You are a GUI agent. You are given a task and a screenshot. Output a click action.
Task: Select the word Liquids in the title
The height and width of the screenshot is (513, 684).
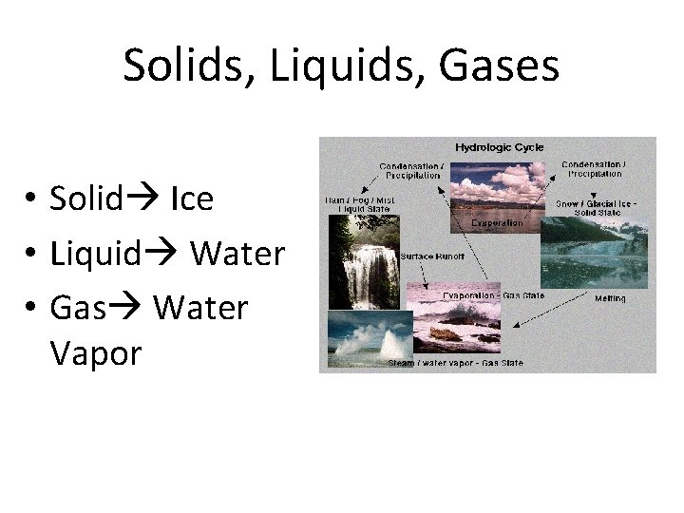pos(326,66)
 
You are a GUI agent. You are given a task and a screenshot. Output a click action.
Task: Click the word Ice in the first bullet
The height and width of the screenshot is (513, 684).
pos(192,199)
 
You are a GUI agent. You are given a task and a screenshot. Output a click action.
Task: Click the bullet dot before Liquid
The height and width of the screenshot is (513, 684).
pos(31,255)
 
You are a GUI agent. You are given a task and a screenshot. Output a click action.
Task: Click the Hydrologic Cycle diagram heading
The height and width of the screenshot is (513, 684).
pos(499,147)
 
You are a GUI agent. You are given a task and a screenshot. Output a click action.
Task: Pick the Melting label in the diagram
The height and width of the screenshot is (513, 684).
pos(609,298)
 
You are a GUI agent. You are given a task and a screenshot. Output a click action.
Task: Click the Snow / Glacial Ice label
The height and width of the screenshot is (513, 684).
pos(596,207)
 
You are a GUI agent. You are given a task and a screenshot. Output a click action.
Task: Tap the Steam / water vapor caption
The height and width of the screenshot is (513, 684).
pos(455,363)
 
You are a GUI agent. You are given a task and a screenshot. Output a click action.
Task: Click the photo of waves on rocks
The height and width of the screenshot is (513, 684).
pos(452,328)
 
